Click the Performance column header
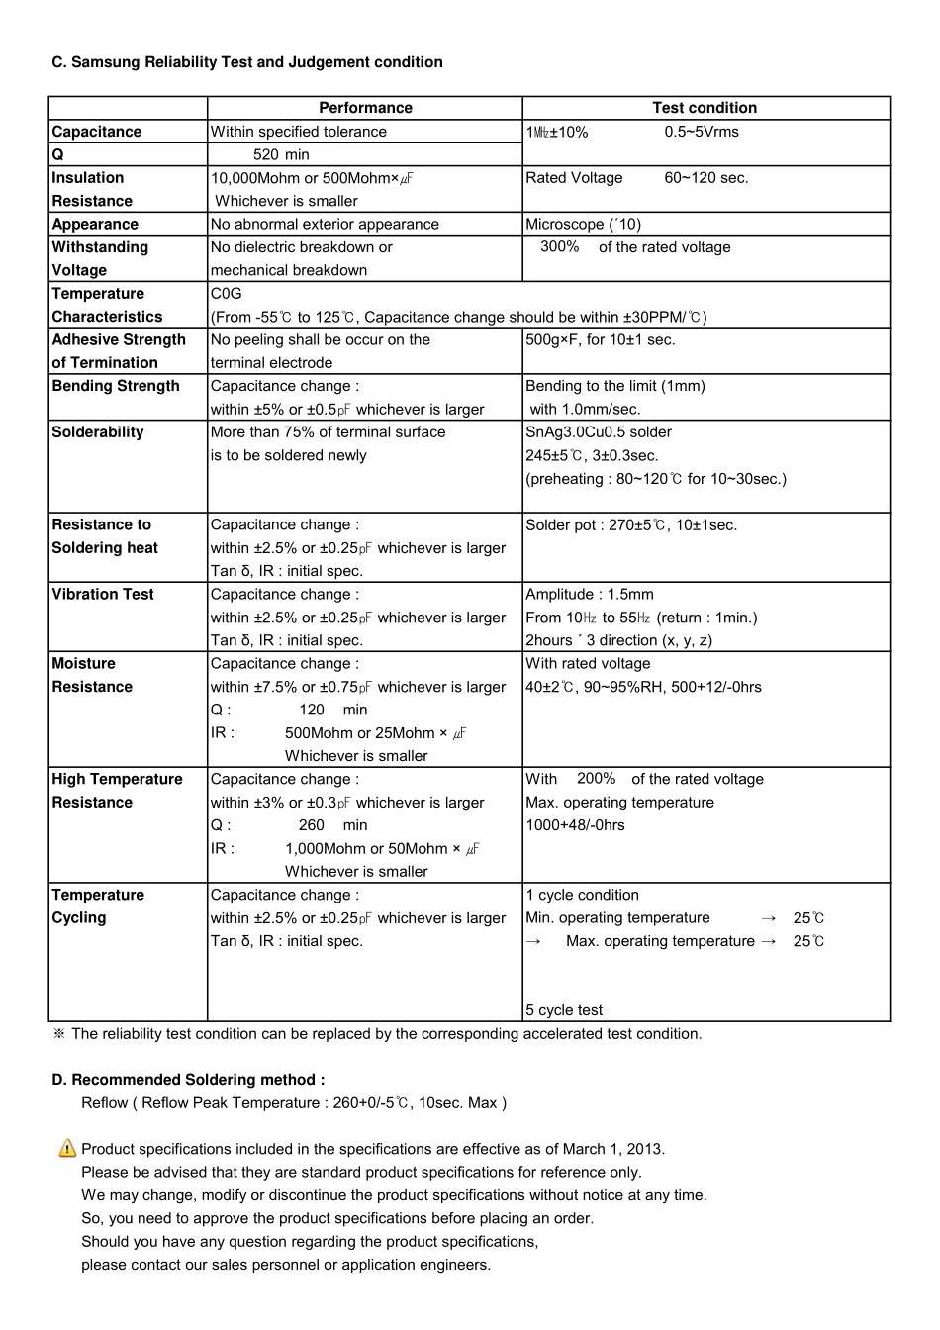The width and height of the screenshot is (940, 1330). click(365, 108)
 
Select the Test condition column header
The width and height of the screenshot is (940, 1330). click(705, 108)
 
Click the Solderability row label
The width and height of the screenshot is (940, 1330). click(98, 432)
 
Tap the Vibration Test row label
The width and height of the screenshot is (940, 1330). click(103, 594)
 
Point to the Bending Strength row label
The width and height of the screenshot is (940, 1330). click(116, 386)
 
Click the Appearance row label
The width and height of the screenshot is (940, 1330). click(95, 225)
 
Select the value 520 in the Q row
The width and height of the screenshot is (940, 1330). click(266, 154)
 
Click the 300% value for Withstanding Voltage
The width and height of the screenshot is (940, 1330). click(559, 246)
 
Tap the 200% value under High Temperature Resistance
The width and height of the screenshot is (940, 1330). click(596, 779)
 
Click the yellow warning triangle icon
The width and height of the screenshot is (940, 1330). click(67, 1148)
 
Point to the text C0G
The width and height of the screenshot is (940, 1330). click(226, 294)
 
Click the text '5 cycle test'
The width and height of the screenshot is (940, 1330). click(564, 1010)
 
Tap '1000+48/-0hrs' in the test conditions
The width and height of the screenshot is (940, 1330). click(575, 825)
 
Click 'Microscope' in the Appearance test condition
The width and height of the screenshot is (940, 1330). click(565, 225)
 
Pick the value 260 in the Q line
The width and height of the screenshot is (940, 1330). click(311, 825)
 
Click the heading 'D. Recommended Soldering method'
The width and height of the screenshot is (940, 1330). click(188, 1080)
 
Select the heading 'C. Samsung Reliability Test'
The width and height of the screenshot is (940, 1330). click(247, 62)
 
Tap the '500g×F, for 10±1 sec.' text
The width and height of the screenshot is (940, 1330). click(601, 339)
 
